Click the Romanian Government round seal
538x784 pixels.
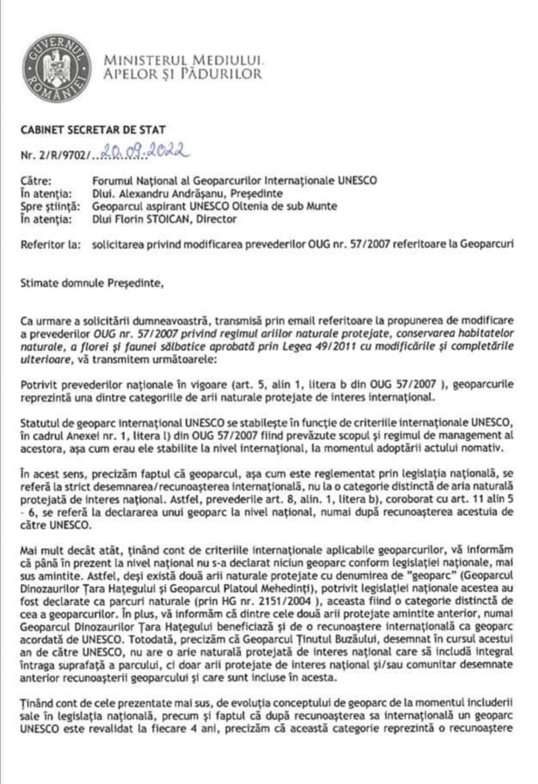point(56,66)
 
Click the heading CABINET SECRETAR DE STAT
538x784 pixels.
point(93,130)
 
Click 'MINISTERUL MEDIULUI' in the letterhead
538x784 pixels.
point(182,61)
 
